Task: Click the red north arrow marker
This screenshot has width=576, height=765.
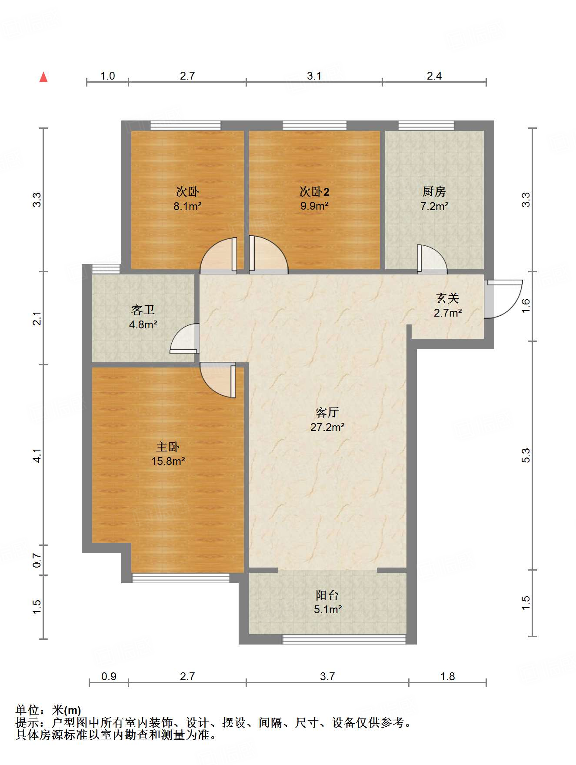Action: (43, 77)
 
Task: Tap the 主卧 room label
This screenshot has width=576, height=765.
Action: (168, 447)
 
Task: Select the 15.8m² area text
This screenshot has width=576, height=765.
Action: (168, 461)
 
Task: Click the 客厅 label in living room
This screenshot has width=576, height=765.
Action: (327, 412)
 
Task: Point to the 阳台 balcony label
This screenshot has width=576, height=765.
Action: (327, 595)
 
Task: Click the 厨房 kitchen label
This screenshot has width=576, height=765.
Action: (434, 191)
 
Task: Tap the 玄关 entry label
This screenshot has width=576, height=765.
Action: (447, 298)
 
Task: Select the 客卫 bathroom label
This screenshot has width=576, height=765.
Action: (143, 310)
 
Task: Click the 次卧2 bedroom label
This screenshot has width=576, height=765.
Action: (314, 191)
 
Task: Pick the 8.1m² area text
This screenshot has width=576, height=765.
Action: (187, 206)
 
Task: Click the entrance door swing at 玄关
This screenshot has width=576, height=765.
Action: (504, 299)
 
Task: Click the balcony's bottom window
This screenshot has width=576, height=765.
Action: (343, 639)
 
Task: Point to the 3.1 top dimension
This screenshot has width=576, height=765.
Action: (314, 76)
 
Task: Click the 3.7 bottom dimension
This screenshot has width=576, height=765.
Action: (327, 676)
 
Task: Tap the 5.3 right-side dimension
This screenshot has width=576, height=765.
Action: (526, 455)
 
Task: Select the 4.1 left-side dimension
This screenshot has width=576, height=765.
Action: (37, 455)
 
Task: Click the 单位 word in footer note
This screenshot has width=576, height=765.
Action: (27, 711)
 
